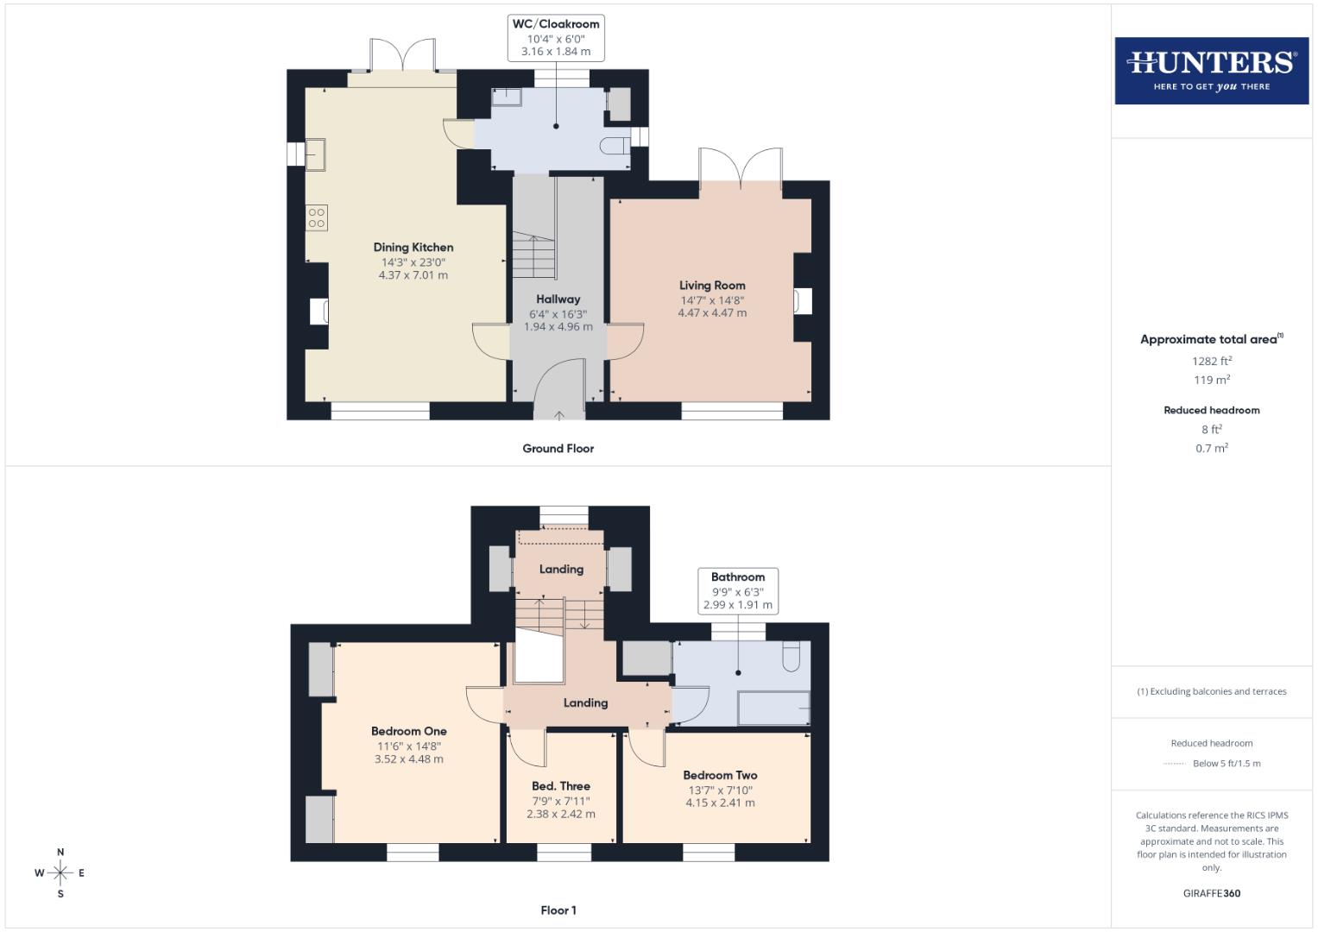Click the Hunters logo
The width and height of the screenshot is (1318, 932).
coord(1211,70)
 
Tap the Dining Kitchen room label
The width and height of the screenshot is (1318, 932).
coord(413,248)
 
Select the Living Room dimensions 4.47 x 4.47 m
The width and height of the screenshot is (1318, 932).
coord(712,313)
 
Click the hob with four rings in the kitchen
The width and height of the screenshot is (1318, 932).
coord(317,217)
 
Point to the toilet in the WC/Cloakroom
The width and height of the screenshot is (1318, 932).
coord(616,144)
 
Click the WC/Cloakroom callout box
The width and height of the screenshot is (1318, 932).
coord(556,38)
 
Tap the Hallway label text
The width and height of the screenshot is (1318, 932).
coord(558,299)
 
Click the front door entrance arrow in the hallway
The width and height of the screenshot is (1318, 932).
coord(558,415)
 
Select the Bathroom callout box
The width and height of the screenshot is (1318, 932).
coord(738,591)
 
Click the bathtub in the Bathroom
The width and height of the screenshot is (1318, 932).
coord(774,708)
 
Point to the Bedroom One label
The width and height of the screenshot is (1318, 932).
coord(409,731)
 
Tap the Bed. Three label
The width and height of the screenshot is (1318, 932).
coord(561,786)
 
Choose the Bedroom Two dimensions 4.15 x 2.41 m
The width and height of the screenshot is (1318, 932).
coord(720,803)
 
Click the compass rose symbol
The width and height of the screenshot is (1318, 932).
coord(60,873)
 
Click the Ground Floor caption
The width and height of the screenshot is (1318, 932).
coord(558,449)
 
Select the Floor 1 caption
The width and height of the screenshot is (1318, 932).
coord(558,910)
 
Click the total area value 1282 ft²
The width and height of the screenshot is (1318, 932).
coord(1211,362)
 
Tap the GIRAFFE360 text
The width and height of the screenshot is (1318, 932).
coord(1211,893)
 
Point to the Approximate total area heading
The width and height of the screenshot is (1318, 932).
coord(1211,339)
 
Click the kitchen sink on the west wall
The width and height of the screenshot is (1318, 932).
coord(315,154)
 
